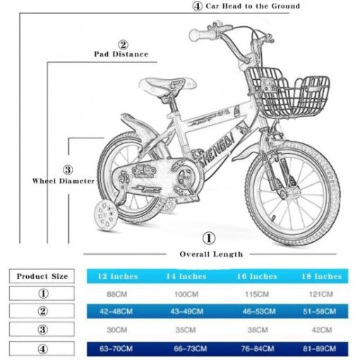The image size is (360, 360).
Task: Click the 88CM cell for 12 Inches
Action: click(x=117, y=294)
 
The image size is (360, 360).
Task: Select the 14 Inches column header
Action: click(x=186, y=276)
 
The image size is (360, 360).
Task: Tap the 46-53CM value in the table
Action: click(x=259, y=311)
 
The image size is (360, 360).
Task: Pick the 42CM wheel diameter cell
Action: click(x=322, y=330)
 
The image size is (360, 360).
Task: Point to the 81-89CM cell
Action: click(x=319, y=349)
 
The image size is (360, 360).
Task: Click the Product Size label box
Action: click(x=42, y=276)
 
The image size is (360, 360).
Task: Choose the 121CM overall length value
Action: click(x=321, y=294)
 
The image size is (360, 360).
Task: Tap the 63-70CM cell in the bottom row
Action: click(x=116, y=349)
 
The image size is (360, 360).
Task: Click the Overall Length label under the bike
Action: click(x=211, y=254)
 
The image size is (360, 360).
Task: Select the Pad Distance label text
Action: click(x=121, y=54)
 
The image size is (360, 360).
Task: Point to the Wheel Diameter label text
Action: click(x=64, y=181)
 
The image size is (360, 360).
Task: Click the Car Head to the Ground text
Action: click(x=253, y=6)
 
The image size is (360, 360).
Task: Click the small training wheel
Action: click(x=105, y=215)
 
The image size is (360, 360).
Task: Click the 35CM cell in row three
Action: click(x=186, y=330)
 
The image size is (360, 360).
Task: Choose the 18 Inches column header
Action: click(x=321, y=276)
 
